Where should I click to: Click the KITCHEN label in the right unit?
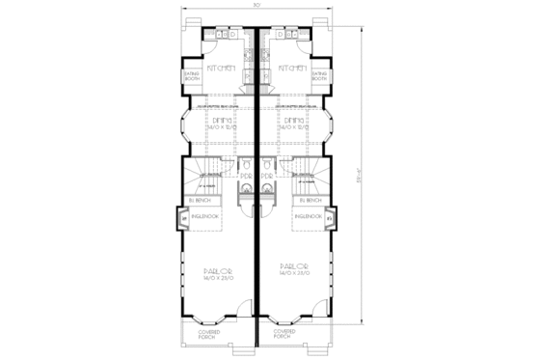point(291,69)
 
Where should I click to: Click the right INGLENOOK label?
point(308,217)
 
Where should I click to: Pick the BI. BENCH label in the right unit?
point(308,200)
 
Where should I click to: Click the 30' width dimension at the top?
point(256,6)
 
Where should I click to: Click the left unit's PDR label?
point(245,177)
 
